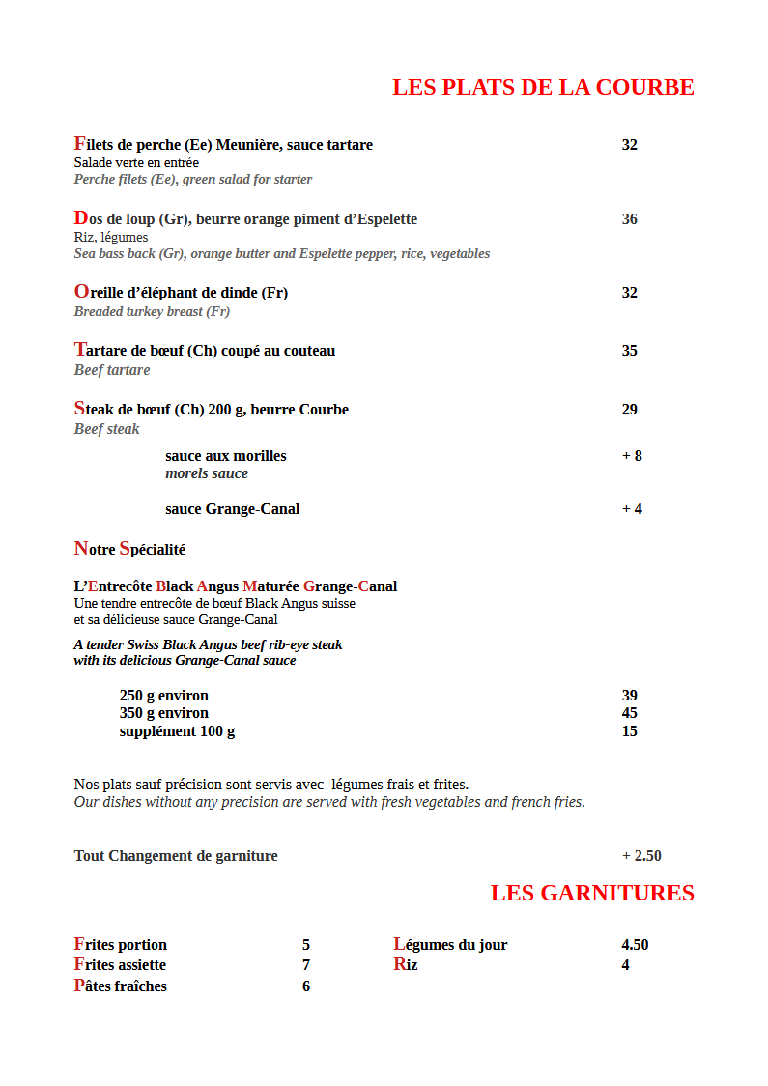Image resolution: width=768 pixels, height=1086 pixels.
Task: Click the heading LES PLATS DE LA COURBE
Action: click(543, 87)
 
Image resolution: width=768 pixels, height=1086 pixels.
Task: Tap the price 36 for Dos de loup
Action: click(629, 219)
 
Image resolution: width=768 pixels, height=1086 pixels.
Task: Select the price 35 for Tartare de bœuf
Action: click(629, 351)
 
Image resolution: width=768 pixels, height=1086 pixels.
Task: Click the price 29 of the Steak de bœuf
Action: click(629, 410)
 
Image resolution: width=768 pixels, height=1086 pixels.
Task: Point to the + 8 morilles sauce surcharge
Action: click(632, 456)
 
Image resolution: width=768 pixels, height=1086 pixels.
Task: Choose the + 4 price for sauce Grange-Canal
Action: click(632, 509)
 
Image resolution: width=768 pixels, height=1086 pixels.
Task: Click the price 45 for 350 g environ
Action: click(629, 713)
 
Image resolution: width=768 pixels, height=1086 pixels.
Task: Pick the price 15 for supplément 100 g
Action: click(629, 731)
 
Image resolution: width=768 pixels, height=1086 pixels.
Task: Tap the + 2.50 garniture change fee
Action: click(641, 856)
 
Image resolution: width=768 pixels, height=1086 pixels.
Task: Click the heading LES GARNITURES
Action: click(592, 893)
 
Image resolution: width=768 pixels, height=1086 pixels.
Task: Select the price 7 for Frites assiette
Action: click(305, 965)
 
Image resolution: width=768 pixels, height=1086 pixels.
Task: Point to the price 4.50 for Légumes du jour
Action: click(635, 945)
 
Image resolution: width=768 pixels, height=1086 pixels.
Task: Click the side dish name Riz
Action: click(406, 965)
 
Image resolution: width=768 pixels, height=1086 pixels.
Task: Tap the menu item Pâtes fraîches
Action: click(121, 986)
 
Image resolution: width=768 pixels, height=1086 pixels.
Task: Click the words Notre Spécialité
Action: click(129, 549)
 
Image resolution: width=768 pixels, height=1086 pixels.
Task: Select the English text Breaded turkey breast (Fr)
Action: click(152, 312)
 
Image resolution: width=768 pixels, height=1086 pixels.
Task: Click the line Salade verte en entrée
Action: click(136, 163)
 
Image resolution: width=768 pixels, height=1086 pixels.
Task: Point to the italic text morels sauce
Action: click(207, 473)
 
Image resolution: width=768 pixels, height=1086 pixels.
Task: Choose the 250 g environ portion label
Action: click(164, 696)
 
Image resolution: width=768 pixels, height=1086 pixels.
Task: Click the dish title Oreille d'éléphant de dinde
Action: click(181, 292)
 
